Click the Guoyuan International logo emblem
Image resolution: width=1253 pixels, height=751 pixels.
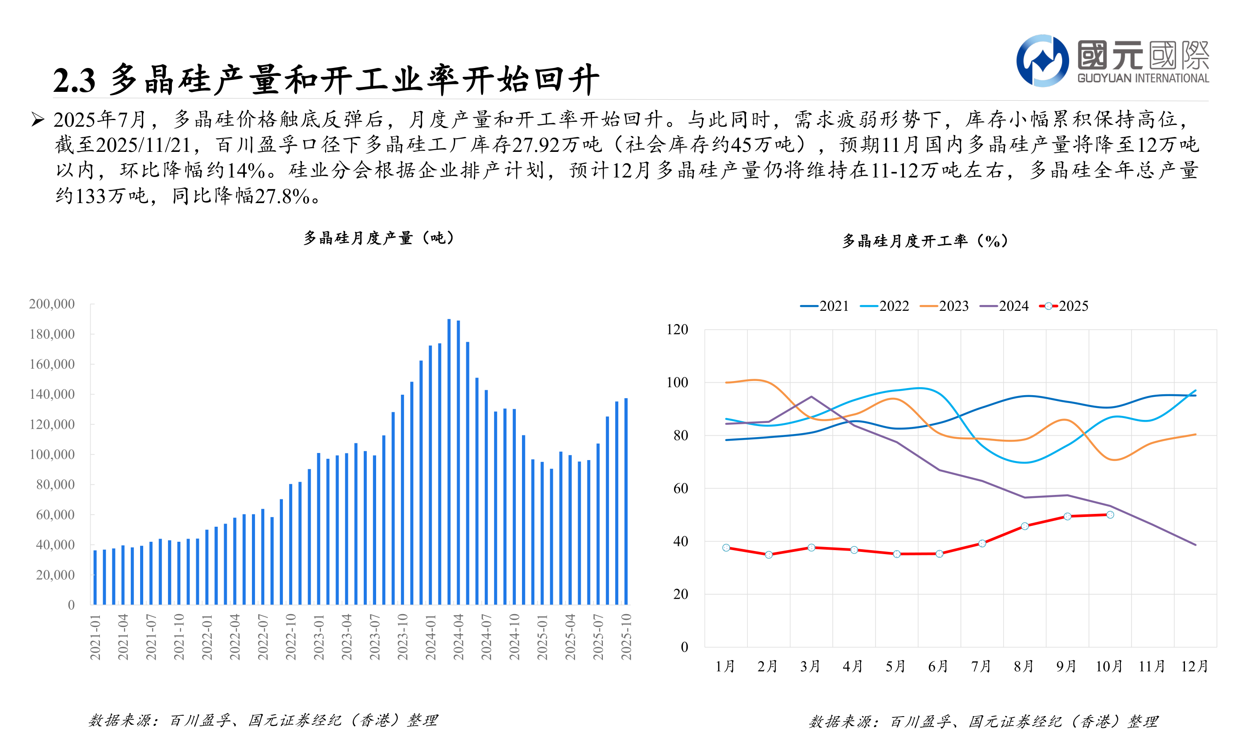coord(1042,61)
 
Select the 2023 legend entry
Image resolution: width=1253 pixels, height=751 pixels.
coord(945,306)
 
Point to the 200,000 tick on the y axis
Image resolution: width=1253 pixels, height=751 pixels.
coord(52,304)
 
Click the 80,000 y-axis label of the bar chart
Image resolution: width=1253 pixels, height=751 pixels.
coord(55,485)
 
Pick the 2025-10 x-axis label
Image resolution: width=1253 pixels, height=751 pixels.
coord(627,637)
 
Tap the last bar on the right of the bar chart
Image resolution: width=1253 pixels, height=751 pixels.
coord(626,501)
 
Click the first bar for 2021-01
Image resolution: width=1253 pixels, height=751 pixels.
coord(95,577)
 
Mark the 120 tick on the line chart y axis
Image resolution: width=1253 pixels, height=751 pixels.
coord(677,330)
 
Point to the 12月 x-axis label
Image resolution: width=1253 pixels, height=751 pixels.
coord(1195,667)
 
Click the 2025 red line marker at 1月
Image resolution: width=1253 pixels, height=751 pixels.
coord(726,548)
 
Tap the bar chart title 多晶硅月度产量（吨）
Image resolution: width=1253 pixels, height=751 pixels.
coord(379,238)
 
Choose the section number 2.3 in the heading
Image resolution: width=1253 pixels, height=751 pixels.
coord(74,81)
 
